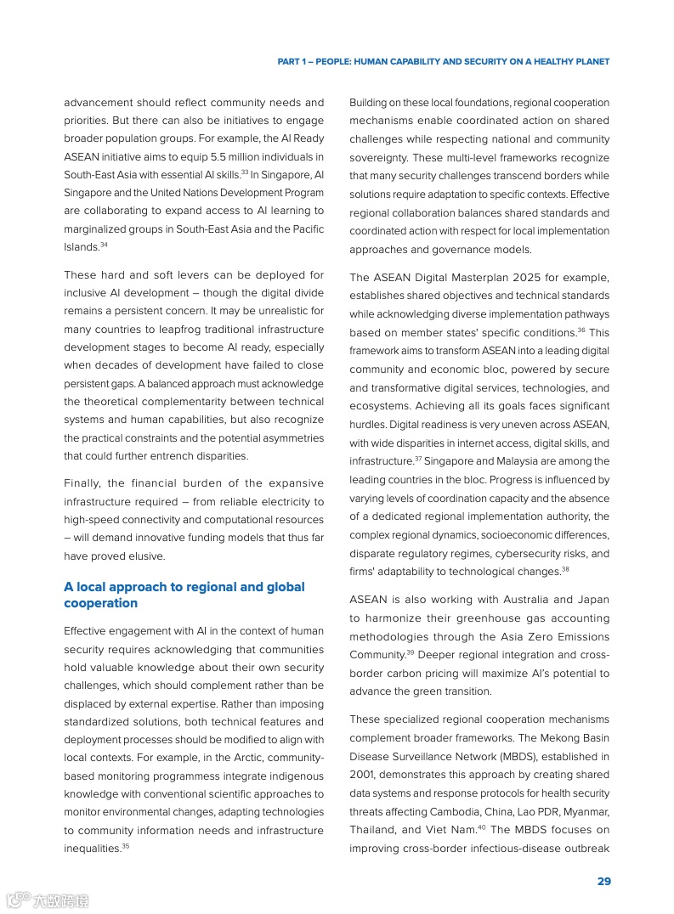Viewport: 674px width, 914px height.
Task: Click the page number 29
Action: coord(603,881)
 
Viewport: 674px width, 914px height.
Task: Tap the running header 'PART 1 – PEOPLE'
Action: coord(443,62)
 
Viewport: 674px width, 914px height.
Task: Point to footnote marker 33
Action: coord(244,172)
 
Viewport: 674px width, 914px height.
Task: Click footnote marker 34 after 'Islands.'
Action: coord(104,245)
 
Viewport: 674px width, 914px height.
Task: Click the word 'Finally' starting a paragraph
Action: coord(82,483)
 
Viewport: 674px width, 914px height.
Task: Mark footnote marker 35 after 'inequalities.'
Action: coord(126,846)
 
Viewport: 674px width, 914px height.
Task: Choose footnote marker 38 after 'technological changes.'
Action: coord(565,570)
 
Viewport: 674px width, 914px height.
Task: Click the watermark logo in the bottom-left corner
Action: coord(48,899)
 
